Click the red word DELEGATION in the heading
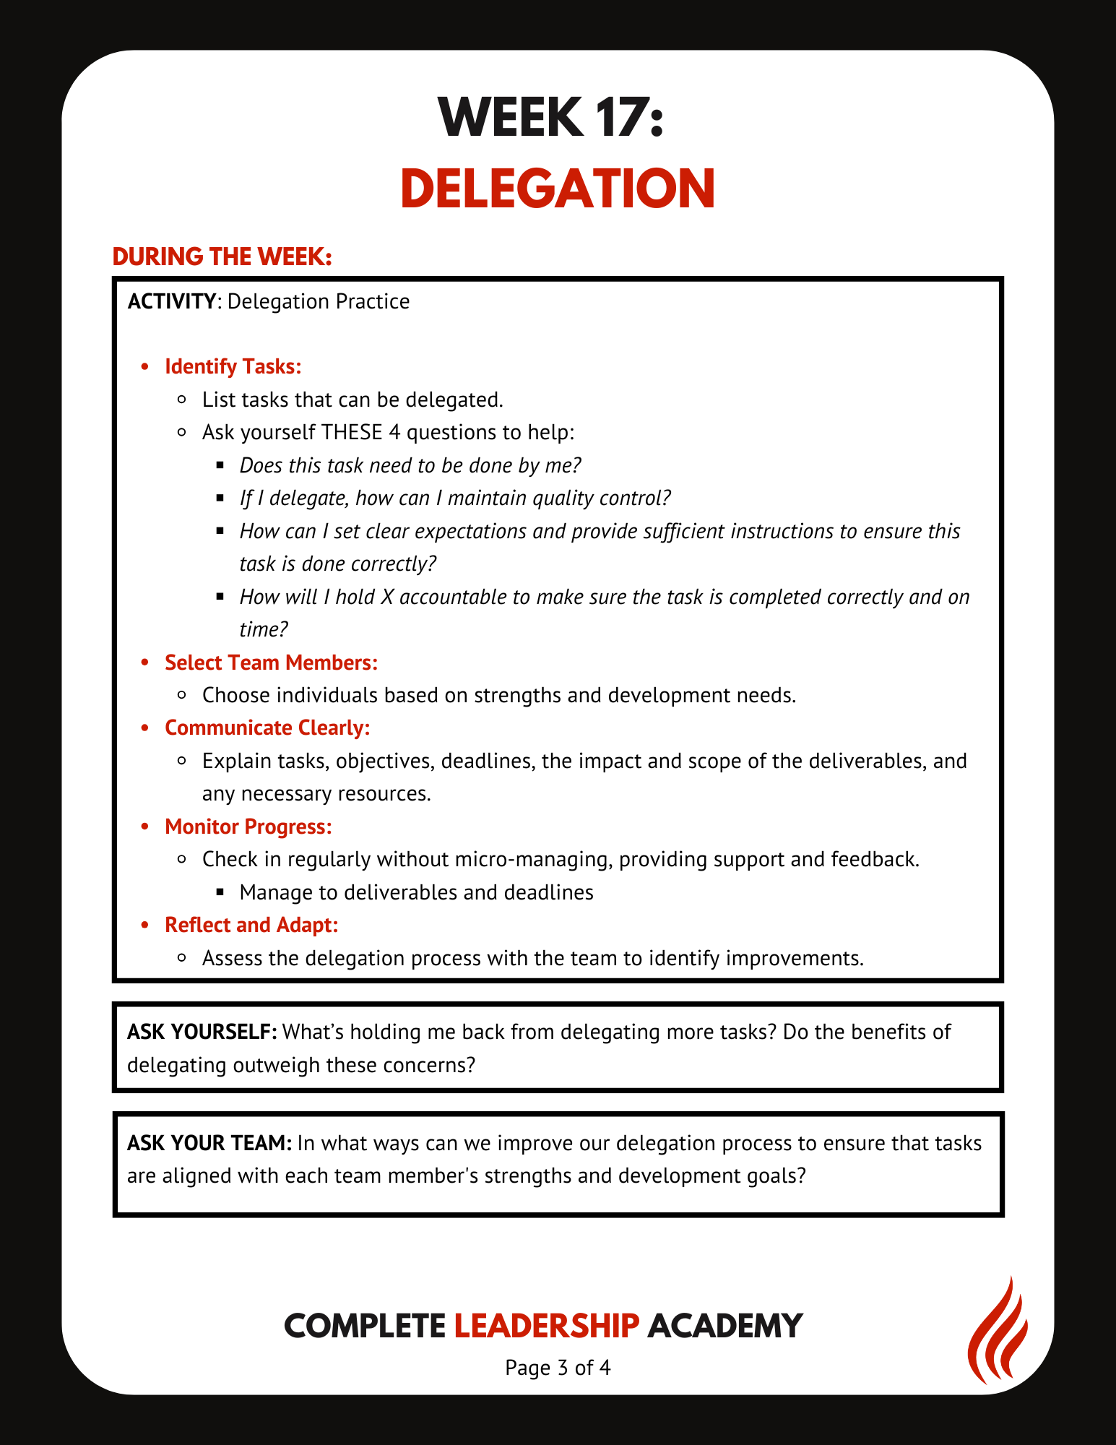(x=558, y=188)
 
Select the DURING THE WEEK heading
(x=222, y=257)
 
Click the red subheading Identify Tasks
(x=233, y=366)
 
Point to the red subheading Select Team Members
(x=271, y=663)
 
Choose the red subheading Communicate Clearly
(x=267, y=728)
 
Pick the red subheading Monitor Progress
(x=248, y=827)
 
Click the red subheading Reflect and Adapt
(x=251, y=925)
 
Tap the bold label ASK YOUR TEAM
(x=209, y=1143)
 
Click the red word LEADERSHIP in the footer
(x=547, y=1326)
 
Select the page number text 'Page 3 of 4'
(x=558, y=1367)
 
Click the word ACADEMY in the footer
(x=724, y=1326)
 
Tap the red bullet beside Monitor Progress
(x=145, y=827)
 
